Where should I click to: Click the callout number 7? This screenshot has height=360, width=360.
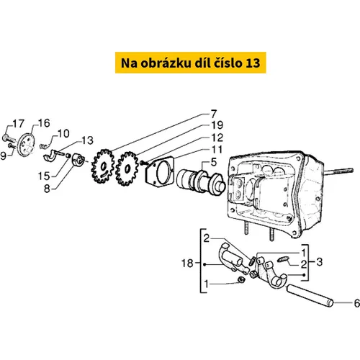point(214,114)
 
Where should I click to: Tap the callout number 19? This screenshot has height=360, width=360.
point(217,125)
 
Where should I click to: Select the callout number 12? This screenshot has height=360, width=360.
point(217,138)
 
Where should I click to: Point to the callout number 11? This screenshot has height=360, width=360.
point(217,150)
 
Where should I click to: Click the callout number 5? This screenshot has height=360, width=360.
point(214,162)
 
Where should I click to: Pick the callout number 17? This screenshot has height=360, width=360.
point(18,124)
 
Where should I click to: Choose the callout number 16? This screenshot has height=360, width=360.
point(44,123)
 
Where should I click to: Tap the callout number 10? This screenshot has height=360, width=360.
point(63,134)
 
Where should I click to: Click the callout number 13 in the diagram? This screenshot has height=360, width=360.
point(87,140)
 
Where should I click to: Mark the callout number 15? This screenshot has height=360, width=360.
point(44,176)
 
